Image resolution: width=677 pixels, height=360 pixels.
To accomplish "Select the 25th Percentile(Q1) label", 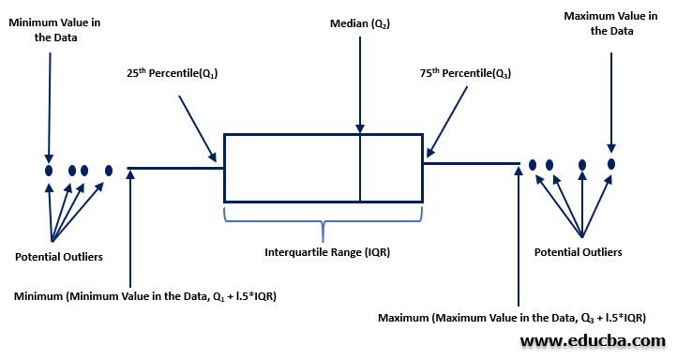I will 173,72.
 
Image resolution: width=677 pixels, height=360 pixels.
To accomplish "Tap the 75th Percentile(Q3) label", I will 465,72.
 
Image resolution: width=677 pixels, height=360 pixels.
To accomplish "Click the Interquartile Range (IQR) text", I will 322,252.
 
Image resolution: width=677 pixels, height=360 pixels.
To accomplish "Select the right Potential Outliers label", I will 578,252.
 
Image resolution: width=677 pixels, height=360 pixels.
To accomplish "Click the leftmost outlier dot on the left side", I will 49,171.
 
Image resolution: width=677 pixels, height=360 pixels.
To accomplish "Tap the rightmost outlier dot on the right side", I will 611,164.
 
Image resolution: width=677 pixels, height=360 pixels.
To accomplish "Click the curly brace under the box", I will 322,222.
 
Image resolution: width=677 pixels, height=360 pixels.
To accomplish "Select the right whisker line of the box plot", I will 471,163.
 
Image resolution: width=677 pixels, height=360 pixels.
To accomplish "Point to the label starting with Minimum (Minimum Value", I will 145,296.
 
